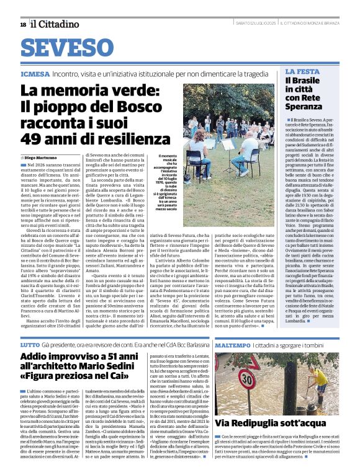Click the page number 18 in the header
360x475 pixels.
tap(23, 24)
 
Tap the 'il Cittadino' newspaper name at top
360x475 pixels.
tap(56, 24)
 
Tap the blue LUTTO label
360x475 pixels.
tap(30, 344)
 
